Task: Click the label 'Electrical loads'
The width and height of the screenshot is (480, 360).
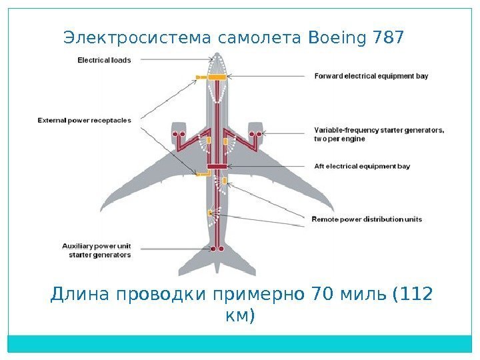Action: click(104, 59)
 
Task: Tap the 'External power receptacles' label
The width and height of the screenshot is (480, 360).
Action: click(84, 121)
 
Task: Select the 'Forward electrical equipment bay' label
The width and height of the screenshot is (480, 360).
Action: click(371, 76)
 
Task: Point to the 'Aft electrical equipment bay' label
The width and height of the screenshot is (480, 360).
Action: click(362, 165)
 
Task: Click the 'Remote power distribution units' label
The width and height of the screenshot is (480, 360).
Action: click(367, 219)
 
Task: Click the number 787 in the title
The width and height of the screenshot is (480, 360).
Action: click(389, 38)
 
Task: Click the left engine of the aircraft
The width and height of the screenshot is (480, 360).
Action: click(179, 133)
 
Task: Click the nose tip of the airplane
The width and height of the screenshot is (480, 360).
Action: click(217, 54)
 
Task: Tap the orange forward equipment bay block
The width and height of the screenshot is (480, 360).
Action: click(217, 78)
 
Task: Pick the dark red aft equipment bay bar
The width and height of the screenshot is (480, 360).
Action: click(217, 166)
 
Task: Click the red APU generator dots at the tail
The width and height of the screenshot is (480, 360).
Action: click(216, 249)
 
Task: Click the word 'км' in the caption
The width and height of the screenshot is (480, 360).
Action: click(240, 315)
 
